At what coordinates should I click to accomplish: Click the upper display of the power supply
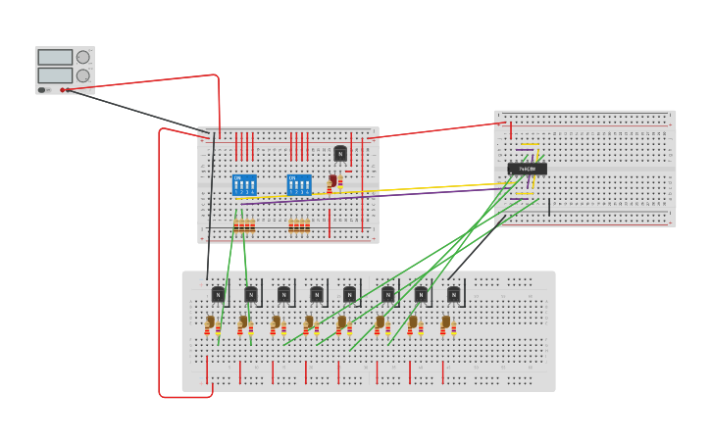pos(55,58)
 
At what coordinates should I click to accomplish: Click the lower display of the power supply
pos(55,75)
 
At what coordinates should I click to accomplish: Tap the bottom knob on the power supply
pos(83,75)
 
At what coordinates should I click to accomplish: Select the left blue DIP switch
pos(244,183)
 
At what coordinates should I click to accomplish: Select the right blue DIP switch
pos(299,183)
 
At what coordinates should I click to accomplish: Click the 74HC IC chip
pos(527,169)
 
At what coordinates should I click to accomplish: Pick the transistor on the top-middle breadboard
pos(340,153)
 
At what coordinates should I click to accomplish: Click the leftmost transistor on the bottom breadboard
pos(218,294)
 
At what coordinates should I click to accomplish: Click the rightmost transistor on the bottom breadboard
pos(453,294)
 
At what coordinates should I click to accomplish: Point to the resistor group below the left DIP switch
pos(244,225)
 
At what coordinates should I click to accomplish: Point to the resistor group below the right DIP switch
pos(299,225)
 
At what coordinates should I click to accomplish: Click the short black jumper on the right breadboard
pos(549,207)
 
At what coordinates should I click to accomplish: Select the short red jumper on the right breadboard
pos(511,129)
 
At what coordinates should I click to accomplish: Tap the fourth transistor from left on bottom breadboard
pos(317,294)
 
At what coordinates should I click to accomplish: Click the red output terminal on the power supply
pos(63,90)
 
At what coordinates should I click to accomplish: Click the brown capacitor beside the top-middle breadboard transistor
pos(332,180)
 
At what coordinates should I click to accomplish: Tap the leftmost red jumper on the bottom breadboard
pos(207,370)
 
